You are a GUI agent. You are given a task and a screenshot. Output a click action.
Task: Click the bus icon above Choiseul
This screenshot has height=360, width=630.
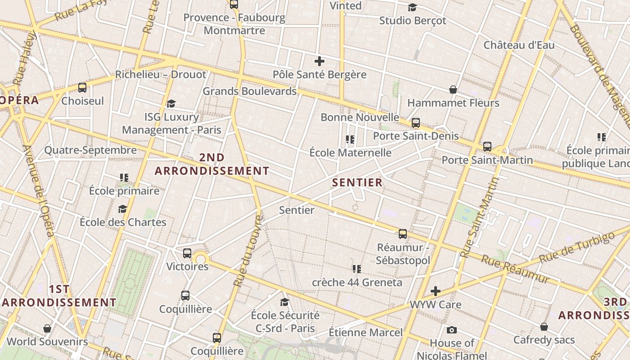[82, 88]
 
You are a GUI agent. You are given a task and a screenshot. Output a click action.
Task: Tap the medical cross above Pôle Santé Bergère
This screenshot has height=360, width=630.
[319, 61]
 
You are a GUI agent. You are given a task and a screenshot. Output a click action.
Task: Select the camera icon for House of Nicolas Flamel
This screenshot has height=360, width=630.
[452, 330]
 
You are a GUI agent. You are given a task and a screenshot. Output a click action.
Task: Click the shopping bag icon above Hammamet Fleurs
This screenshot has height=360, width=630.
[453, 90]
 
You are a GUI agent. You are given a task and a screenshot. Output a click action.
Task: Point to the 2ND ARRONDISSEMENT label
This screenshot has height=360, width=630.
[212, 164]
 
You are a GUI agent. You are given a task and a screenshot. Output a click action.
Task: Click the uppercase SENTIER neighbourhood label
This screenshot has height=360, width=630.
[357, 183]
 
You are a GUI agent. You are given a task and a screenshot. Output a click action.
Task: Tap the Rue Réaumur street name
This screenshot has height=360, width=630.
[515, 269]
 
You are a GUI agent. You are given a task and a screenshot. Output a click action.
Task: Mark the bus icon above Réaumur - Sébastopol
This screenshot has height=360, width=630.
[403, 234]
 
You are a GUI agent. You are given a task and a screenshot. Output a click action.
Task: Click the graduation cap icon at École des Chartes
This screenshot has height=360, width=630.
[122, 209]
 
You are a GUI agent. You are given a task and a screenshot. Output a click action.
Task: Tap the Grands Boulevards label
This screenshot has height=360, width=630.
[249, 91]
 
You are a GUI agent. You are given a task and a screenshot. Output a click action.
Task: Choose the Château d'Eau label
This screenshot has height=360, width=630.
[519, 45]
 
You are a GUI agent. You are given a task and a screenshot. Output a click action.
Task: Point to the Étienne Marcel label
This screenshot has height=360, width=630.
[365, 333]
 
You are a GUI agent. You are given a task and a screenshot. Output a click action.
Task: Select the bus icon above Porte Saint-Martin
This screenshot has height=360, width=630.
[487, 146]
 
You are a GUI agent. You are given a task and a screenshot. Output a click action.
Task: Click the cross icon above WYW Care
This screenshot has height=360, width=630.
[435, 291]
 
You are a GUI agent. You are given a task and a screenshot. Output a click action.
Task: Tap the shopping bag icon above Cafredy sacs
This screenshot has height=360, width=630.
[544, 326]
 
